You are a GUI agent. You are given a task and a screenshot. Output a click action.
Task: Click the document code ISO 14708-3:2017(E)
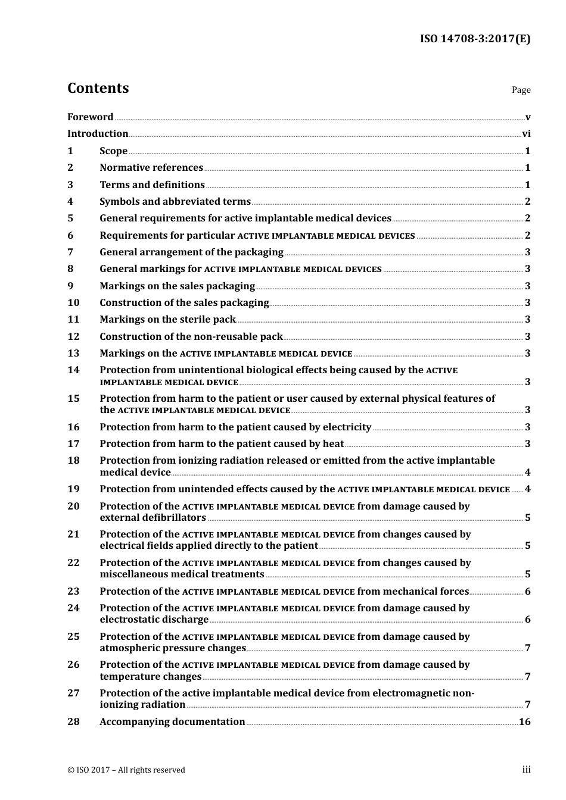[475, 39]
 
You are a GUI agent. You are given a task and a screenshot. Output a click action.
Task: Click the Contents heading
[98, 88]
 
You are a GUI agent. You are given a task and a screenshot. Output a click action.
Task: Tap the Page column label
[521, 90]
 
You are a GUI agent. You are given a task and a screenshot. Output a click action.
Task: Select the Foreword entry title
[90, 117]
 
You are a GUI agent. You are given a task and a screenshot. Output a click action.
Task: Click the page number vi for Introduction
[526, 134]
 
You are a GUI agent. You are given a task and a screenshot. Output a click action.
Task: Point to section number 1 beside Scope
[70, 151]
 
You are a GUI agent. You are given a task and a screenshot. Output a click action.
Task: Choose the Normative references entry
[151, 168]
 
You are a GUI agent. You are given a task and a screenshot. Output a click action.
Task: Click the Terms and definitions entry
[152, 185]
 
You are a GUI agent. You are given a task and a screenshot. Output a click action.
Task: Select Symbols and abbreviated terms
[175, 202]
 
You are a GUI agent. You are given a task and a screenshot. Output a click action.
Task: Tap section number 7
[70, 252]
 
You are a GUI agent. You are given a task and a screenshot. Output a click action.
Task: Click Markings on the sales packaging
[177, 286]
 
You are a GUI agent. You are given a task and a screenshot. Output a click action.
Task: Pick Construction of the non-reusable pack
[191, 337]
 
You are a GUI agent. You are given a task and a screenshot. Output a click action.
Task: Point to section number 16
[73, 427]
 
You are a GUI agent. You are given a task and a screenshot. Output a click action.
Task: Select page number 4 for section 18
[527, 473]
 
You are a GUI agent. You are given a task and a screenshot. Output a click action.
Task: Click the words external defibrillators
[153, 518]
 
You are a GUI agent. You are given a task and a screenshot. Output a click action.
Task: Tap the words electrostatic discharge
[154, 620]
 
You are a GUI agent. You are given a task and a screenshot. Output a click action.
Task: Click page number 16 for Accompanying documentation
[524, 722]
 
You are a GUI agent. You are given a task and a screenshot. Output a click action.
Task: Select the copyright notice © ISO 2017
[126, 770]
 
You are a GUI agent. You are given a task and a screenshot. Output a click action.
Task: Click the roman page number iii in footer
[526, 770]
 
